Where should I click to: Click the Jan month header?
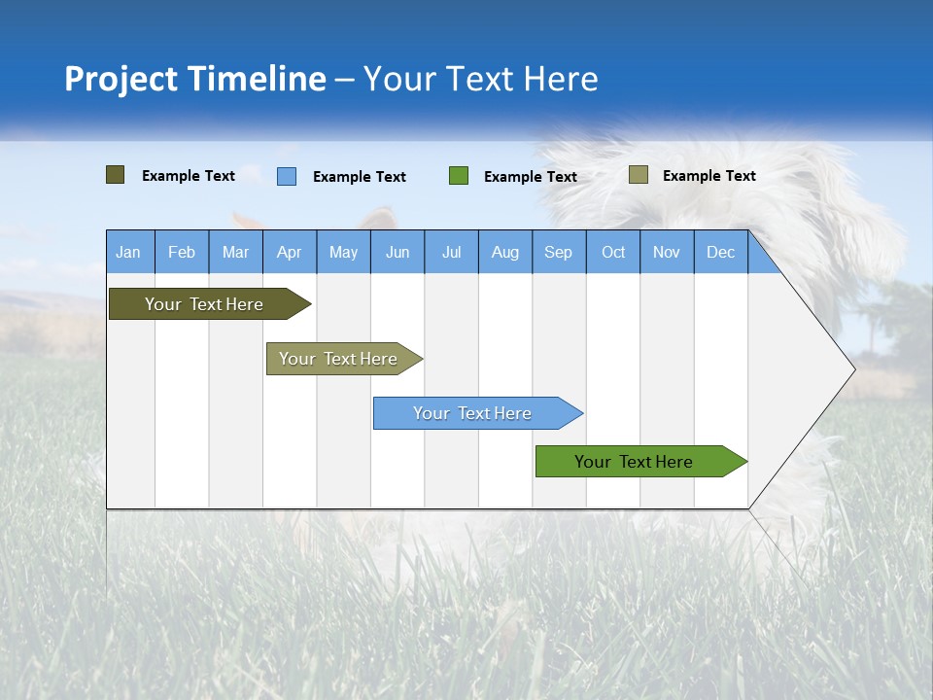click(128, 253)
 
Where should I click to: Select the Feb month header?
click(182, 253)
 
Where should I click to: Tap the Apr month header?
click(289, 253)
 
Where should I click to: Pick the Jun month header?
click(397, 253)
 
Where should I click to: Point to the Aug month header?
click(505, 253)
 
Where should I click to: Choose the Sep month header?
click(558, 253)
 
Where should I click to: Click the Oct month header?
click(613, 253)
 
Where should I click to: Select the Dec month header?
click(720, 253)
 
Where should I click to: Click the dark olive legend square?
click(115, 175)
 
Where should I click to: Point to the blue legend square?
click(287, 176)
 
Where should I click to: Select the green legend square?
click(459, 176)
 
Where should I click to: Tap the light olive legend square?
click(638, 175)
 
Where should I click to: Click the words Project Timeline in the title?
click(194, 79)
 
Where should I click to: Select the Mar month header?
click(235, 253)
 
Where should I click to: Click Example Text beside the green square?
click(531, 177)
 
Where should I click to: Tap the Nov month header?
click(667, 253)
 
